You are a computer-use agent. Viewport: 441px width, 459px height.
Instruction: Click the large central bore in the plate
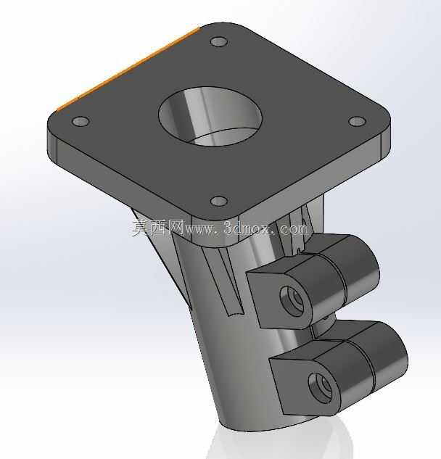click(x=210, y=116)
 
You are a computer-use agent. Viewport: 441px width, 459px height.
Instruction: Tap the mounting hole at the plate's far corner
click(x=219, y=41)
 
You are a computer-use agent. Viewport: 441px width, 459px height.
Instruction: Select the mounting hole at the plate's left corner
click(x=81, y=121)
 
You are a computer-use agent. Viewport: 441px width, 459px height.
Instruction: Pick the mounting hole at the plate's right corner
click(x=358, y=121)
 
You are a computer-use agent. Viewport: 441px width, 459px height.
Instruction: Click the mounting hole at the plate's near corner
click(x=219, y=201)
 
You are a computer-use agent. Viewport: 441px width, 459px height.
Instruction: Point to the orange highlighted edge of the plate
click(x=128, y=69)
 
